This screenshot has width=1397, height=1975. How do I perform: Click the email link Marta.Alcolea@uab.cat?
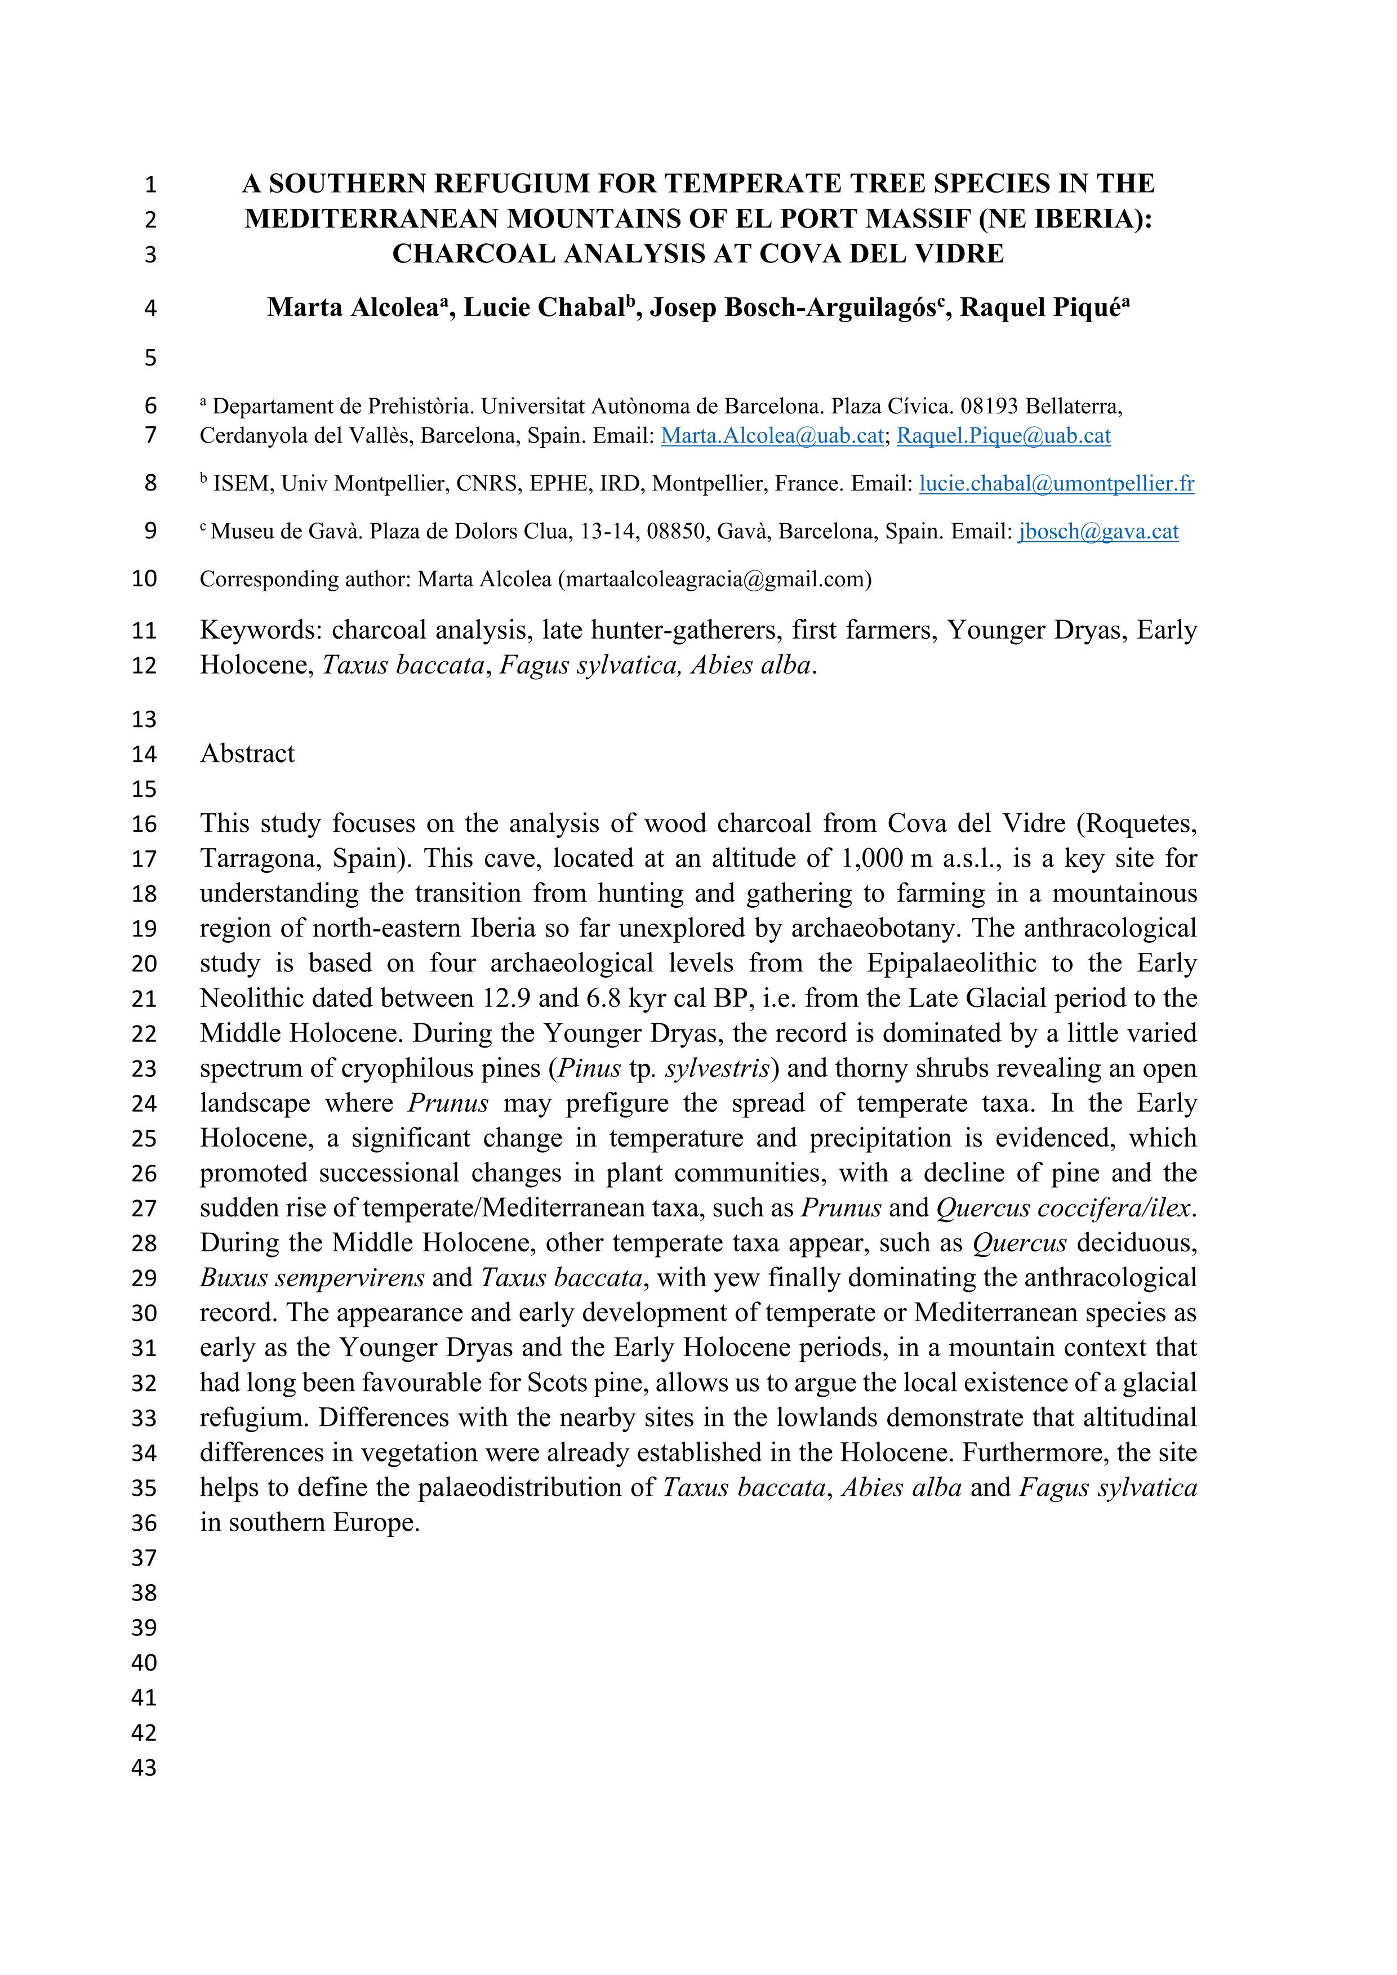pos(772,435)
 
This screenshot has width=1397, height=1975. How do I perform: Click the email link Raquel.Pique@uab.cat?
pos(1003,435)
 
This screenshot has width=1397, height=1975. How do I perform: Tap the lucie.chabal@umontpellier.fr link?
pos(1056,483)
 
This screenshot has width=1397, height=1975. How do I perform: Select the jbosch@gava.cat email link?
pos(1098,532)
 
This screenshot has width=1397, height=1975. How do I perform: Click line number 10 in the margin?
pos(144,579)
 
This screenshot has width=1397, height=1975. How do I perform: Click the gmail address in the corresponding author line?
pos(714,579)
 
